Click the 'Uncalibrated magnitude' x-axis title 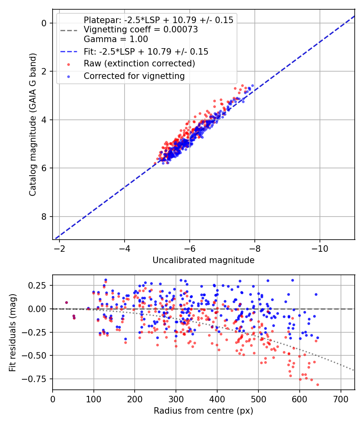pos(203,260)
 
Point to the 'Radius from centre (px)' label pos(203,410)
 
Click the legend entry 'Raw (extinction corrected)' pos(139,64)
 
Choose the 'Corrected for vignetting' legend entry pos(134,76)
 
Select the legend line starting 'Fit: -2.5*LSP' pos(146,51)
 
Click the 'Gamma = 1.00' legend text pos(116,39)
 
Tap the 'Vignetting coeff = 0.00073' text pos(140,30)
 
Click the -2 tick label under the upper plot pos(59,248)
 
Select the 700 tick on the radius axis pos(341,399)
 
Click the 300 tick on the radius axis pos(176,399)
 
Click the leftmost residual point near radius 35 pos(66,302)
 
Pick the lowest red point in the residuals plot pos(317,385)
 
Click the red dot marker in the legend pos(68,64)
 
